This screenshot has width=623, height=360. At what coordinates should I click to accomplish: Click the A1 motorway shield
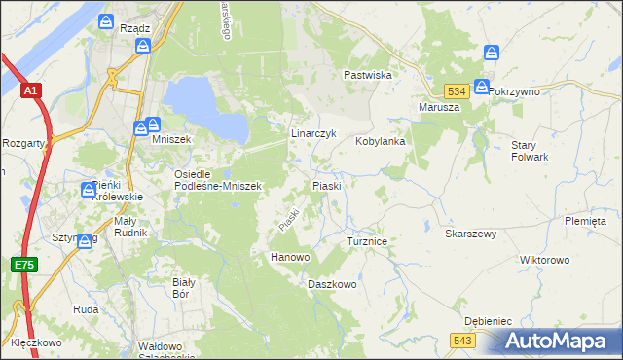(x=31, y=90)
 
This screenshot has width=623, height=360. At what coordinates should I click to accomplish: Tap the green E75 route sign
(x=24, y=265)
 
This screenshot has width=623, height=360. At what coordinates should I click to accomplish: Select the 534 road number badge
(x=459, y=90)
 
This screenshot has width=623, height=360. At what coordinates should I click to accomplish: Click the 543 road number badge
(x=462, y=339)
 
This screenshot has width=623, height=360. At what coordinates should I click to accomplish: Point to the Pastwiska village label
(x=367, y=75)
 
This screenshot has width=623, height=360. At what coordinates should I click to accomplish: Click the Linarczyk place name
(x=313, y=133)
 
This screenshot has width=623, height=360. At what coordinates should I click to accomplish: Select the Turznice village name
(x=368, y=240)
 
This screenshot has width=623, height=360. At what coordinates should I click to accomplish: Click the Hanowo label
(x=289, y=258)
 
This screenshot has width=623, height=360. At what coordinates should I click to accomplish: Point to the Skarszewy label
(x=471, y=234)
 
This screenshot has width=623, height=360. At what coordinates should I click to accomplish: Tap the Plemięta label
(x=585, y=221)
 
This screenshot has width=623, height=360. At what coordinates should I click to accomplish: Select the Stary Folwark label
(x=531, y=151)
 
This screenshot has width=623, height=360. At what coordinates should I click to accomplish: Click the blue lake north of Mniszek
(x=204, y=107)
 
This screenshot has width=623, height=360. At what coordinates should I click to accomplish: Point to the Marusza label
(x=438, y=107)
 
